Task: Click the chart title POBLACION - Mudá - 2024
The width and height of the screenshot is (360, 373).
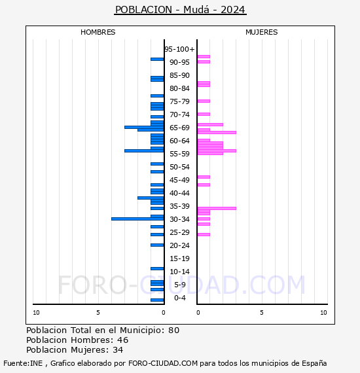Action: coord(180,10)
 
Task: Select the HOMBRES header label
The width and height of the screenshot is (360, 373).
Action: coord(98,32)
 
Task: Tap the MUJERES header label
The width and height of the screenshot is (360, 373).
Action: coord(261,32)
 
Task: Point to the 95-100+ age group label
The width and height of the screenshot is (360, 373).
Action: coord(179,49)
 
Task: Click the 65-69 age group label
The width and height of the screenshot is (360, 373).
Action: coord(179,128)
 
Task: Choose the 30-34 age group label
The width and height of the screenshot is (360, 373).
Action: coord(179,219)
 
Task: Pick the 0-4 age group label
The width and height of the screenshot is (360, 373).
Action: coord(180,298)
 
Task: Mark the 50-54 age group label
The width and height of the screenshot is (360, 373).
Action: coord(179,167)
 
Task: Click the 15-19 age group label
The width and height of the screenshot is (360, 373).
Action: coord(179,258)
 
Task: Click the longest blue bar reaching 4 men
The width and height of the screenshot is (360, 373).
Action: coord(137,219)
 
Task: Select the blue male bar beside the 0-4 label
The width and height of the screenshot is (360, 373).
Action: coord(157,300)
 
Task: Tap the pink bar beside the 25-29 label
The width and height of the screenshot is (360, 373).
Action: coord(204,234)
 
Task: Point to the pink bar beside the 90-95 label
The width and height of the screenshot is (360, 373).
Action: coord(204,62)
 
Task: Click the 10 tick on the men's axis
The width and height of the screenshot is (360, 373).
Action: coord(36,313)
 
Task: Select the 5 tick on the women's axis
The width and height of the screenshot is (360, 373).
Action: coord(261,313)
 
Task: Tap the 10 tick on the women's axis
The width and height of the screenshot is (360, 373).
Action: coord(323,313)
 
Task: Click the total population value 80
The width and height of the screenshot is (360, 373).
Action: coord(173,330)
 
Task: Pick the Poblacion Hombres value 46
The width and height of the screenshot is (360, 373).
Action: coord(122,340)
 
